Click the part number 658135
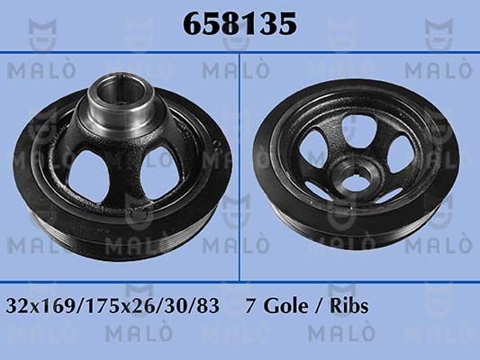click(x=240, y=24)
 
